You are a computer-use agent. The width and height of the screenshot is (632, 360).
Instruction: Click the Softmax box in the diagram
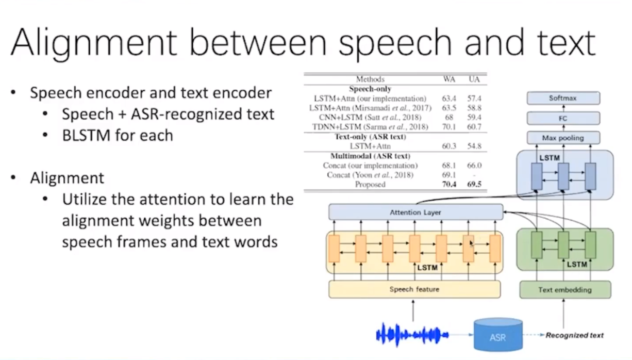pos(563,98)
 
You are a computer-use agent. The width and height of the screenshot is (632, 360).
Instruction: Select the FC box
pos(563,119)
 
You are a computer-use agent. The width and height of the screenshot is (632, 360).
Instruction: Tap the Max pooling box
pos(563,138)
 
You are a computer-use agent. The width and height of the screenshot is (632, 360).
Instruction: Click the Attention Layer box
pos(415,212)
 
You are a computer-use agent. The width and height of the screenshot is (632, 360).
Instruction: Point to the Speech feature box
pos(414,289)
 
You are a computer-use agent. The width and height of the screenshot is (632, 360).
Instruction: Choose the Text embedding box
pos(565,289)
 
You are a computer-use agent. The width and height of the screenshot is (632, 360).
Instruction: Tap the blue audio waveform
pos(412,335)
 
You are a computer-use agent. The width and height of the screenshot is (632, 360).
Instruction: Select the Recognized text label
pos(575,335)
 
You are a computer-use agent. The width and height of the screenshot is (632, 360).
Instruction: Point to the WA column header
pos(449,79)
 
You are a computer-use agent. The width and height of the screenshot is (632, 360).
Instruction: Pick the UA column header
pos(474,79)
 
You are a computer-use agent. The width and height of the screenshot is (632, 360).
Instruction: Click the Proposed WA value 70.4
pos(450,184)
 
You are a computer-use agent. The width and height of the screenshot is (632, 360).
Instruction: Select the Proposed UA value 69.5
pos(474,184)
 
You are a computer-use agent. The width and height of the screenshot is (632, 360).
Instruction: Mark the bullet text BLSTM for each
pos(117,136)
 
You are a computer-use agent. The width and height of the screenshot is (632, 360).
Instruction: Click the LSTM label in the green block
pos(576,265)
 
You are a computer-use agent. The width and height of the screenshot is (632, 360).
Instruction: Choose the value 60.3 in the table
pos(450,146)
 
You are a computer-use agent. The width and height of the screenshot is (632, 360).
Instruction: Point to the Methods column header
pos(370,79)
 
